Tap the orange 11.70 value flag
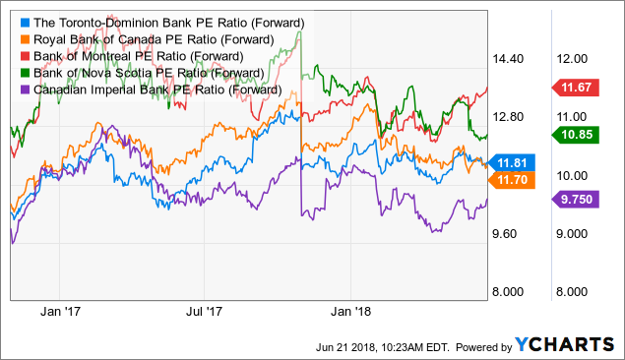pos(513,180)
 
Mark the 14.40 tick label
pos(510,59)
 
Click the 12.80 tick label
pos(510,117)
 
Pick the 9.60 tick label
pos(510,234)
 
